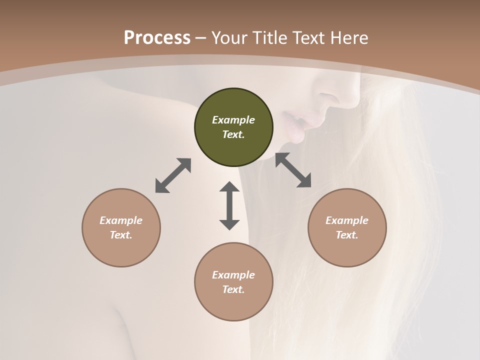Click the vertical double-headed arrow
click(229, 205)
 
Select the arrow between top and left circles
click(173, 175)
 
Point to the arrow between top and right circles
click(293, 170)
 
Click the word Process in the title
click(157, 37)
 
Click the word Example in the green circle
click(233, 120)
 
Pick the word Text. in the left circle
click(121, 235)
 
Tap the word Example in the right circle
click(347, 220)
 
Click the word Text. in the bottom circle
click(233, 289)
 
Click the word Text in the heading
click(308, 37)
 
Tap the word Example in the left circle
click(121, 220)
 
